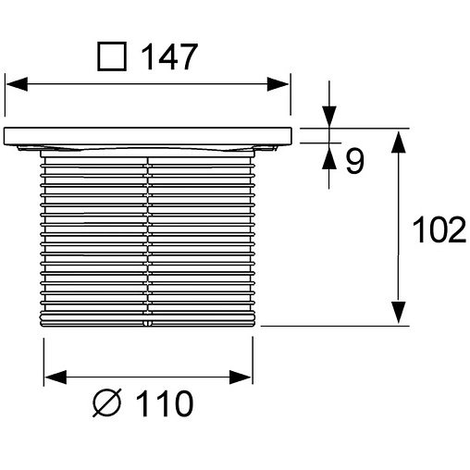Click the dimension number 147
coord(168,57)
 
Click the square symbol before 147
coord(112,57)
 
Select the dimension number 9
coord(353,162)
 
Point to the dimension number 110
coord(166,404)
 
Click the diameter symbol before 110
coord(108,404)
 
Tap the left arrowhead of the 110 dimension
coord(56,377)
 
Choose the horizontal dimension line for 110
coord(148,377)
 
